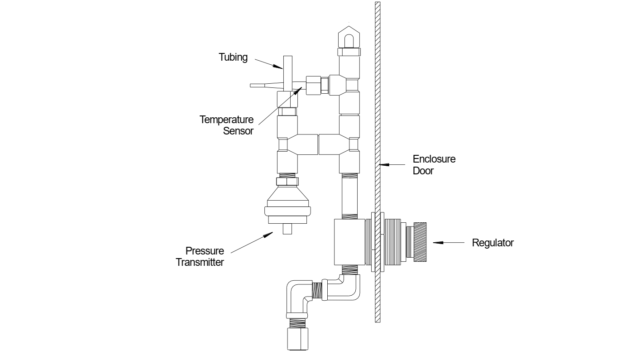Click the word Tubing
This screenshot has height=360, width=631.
point(233,58)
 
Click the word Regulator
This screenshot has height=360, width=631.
point(492,243)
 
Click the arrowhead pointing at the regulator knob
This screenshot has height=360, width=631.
point(436,243)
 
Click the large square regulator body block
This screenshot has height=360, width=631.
point(349,242)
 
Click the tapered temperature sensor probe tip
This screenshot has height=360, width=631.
point(263,85)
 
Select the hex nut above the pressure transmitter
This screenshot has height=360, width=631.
point(287,181)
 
